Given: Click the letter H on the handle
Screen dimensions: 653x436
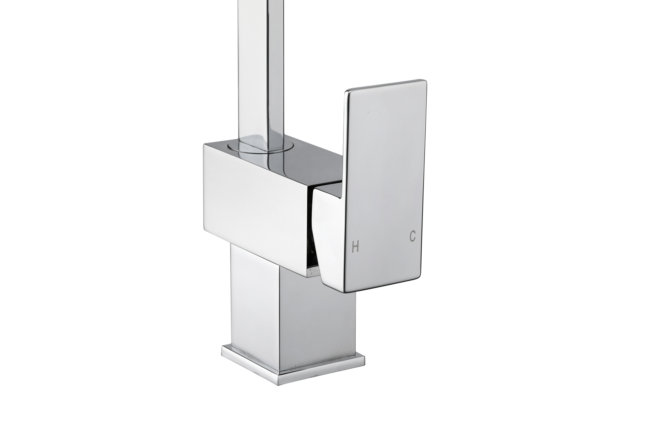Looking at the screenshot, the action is click(x=355, y=247).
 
